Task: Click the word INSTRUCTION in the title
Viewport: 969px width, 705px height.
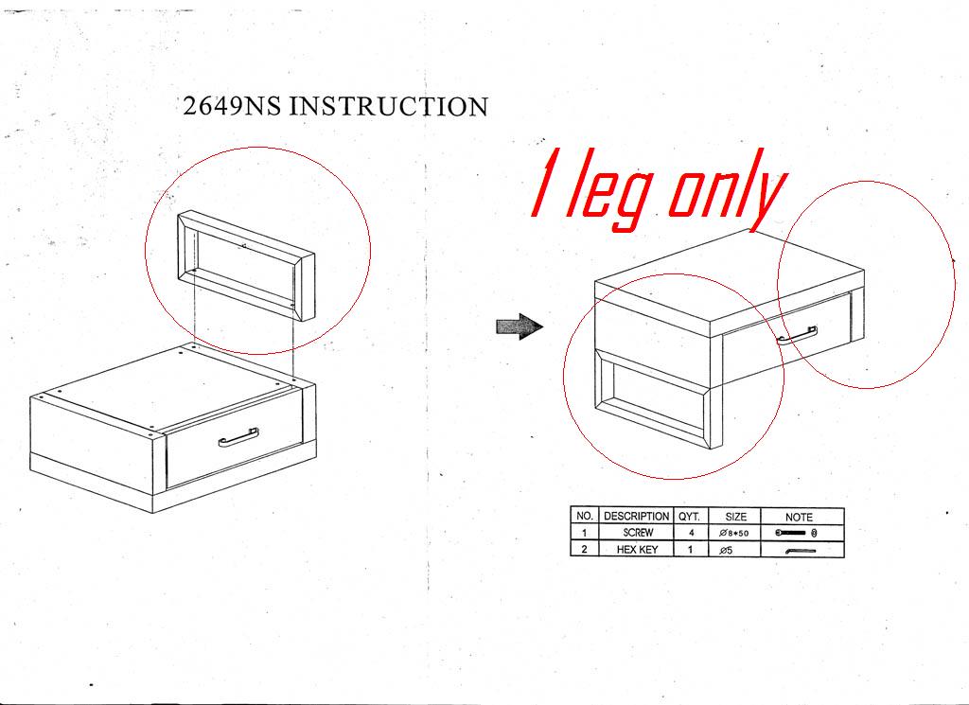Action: tap(389, 106)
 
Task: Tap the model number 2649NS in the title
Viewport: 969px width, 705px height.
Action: tap(232, 106)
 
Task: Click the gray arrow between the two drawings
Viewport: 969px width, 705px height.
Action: tap(520, 326)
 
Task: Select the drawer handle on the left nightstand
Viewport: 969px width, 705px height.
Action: tap(238, 437)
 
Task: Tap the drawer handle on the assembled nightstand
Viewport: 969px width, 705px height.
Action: tap(797, 335)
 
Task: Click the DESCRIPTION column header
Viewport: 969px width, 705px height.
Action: tap(636, 516)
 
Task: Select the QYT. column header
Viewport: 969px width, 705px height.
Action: tap(690, 516)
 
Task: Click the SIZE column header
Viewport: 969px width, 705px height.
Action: tap(735, 517)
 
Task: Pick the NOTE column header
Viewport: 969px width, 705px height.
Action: tap(799, 517)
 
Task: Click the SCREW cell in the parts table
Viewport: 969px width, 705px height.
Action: tap(638, 533)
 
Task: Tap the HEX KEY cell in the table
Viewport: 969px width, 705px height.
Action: tap(637, 549)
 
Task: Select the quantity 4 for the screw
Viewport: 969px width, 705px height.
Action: tap(691, 533)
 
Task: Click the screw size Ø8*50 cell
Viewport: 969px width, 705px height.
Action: tap(734, 533)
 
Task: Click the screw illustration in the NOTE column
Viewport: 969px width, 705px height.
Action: tap(796, 533)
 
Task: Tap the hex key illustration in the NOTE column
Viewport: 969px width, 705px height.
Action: tap(801, 551)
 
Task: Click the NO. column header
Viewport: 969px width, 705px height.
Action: tap(584, 516)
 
